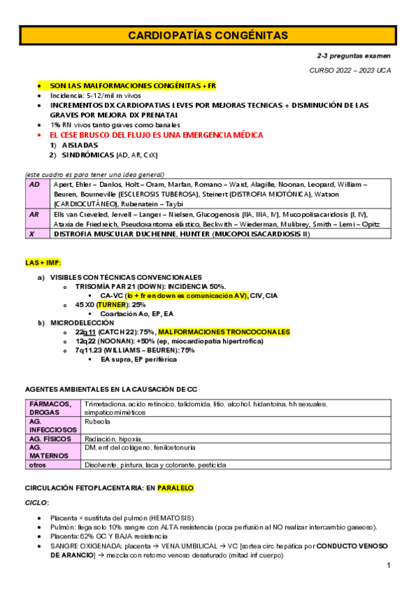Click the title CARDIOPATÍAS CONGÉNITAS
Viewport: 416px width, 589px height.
click(208, 35)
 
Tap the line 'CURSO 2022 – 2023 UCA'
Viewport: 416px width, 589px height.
click(349, 71)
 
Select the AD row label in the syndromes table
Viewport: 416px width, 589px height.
click(34, 185)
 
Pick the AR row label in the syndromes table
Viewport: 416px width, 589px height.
click(34, 215)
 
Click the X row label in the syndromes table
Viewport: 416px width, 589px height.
click(32, 234)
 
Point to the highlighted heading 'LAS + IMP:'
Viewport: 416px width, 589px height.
click(43, 263)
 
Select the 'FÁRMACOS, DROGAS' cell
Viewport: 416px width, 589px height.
click(51, 408)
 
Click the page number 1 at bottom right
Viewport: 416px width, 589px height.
click(390, 566)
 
